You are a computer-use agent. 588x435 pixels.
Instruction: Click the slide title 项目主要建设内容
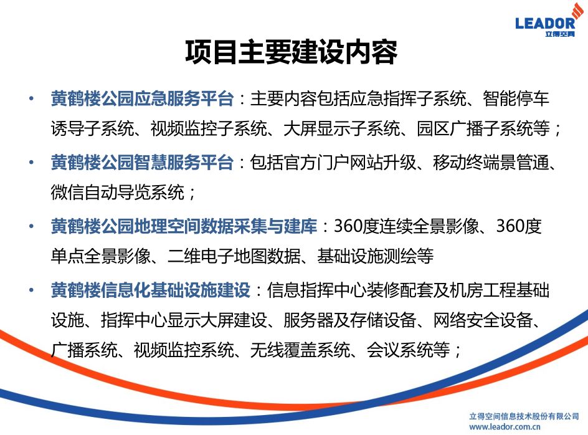(x=292, y=52)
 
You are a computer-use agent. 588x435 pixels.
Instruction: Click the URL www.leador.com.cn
(x=505, y=426)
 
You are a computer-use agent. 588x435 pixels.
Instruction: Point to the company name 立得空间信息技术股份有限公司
(x=524, y=416)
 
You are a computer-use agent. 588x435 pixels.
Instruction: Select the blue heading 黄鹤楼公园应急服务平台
(x=143, y=98)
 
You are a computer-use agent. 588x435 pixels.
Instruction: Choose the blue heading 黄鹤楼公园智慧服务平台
(x=143, y=163)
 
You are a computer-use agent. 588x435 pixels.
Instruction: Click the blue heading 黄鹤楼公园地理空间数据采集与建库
(x=184, y=226)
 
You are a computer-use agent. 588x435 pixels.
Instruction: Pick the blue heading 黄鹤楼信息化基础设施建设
(x=151, y=290)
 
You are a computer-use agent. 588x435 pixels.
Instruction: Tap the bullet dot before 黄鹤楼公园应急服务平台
(x=32, y=98)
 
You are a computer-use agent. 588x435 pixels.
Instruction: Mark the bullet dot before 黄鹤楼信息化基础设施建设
(x=32, y=290)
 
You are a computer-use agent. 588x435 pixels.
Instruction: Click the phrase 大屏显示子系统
(x=342, y=129)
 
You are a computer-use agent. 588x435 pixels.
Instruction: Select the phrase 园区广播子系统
(x=475, y=129)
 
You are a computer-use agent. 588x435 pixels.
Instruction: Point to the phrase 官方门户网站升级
(x=333, y=163)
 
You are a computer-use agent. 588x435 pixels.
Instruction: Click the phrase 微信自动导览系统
(x=117, y=193)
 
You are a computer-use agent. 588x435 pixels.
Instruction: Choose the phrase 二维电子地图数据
(x=234, y=256)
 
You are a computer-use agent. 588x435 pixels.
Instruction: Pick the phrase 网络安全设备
(x=483, y=320)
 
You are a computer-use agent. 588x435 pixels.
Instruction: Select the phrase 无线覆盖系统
(x=300, y=350)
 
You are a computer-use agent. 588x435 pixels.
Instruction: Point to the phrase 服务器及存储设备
(x=350, y=320)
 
